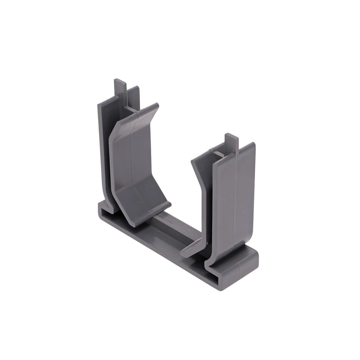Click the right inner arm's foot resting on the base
(193, 250)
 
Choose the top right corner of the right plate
(253, 144)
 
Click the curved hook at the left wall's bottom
(108, 205)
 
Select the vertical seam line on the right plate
(234, 202)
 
